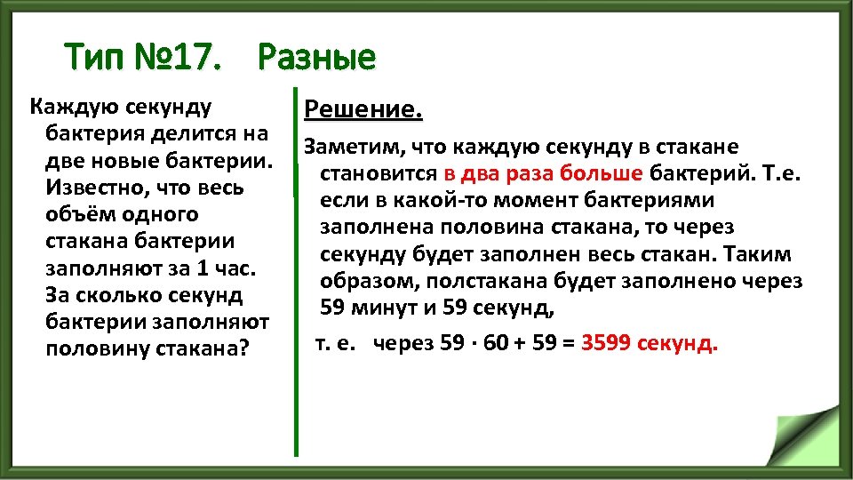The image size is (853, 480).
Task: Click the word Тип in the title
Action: [x=96, y=60]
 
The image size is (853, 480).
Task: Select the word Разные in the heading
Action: [x=316, y=60]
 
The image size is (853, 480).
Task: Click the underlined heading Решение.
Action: [x=363, y=110]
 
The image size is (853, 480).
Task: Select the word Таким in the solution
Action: [x=758, y=255]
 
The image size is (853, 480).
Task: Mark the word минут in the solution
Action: [x=387, y=309]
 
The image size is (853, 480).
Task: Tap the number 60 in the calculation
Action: [x=499, y=343]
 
